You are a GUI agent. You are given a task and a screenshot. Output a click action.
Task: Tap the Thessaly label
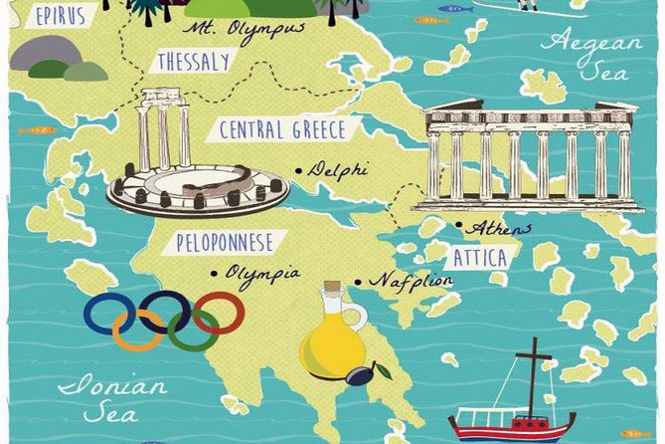(193, 62)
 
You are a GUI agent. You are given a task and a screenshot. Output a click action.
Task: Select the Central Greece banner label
(282, 130)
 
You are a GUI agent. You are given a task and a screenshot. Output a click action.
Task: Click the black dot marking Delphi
(299, 171)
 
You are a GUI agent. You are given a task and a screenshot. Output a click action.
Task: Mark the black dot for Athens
(459, 226)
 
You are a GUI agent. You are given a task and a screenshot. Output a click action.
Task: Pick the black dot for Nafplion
(359, 282)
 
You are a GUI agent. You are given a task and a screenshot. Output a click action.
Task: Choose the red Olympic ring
(219, 314)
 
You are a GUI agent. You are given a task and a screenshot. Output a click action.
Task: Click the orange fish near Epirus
(38, 129)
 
